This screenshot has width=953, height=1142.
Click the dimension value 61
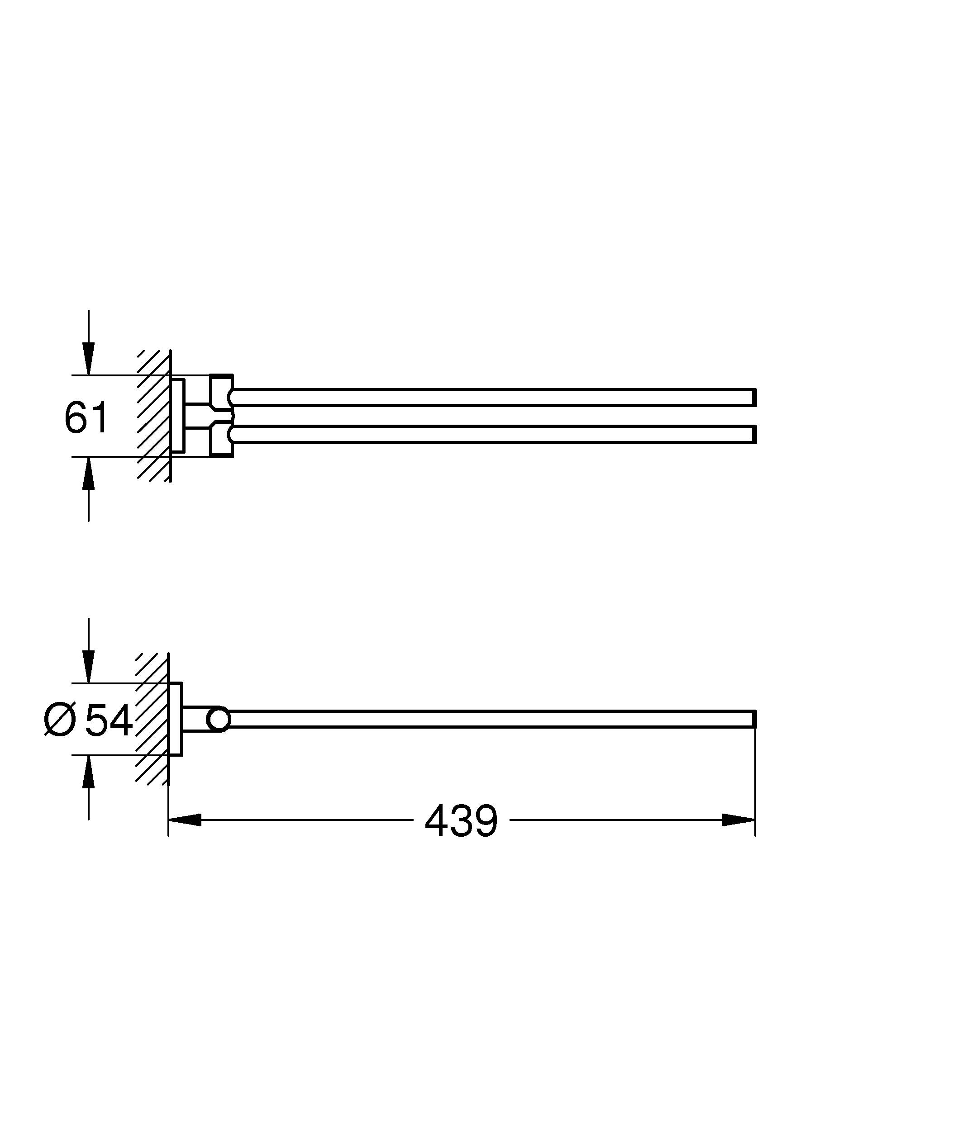pos(86,417)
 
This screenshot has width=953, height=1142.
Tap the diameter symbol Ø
pos(59,721)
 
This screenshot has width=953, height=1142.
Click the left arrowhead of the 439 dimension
pos(185,820)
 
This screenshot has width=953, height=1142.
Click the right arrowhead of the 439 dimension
pos(739,820)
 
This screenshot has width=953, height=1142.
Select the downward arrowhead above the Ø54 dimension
pos(89,666)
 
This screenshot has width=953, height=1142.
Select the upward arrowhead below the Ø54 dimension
pos(89,772)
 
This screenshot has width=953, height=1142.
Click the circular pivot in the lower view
pos(219,720)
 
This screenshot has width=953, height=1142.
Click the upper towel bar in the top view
pos(490,398)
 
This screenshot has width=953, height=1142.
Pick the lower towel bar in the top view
pos(490,435)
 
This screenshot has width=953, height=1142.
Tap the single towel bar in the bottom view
pos(490,719)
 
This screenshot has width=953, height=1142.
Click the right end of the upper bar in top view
pos(753,398)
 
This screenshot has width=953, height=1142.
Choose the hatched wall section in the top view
pos(154,416)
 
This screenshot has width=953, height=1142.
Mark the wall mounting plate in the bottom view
pos(176,719)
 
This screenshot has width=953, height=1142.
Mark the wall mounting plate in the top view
pos(178,416)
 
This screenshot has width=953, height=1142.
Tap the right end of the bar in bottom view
pos(753,719)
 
